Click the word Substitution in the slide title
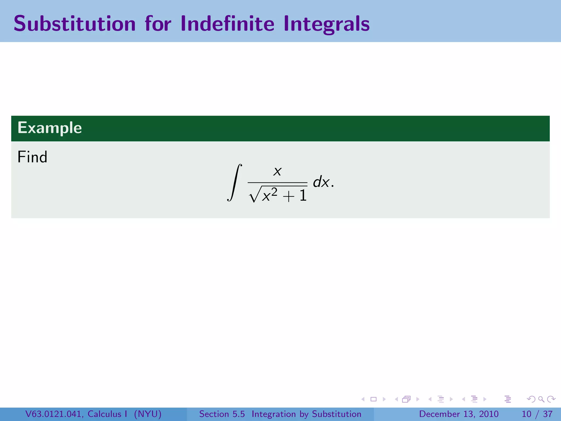click(75, 24)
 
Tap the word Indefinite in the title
click(227, 24)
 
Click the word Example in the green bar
click(50, 128)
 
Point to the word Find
click(32, 157)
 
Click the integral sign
click(234, 183)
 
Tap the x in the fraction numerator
click(277, 172)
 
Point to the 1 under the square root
click(303, 196)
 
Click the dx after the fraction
click(321, 182)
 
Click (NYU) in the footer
click(148, 414)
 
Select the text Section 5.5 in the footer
click(222, 414)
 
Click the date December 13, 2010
click(459, 414)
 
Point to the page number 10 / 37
click(537, 414)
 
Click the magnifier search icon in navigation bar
click(541, 399)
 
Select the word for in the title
click(158, 24)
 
